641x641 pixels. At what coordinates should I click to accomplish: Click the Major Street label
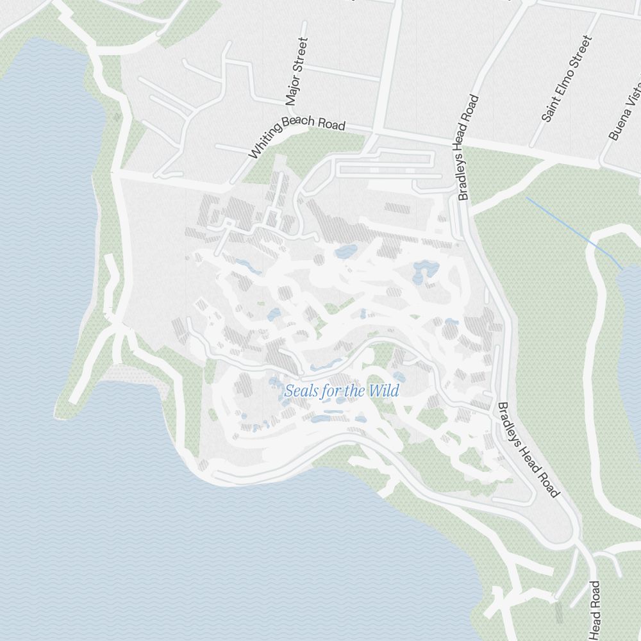click(297, 71)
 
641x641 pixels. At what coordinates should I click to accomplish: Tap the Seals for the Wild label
click(342, 391)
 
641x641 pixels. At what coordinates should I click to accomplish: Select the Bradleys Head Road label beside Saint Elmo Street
click(465, 147)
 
